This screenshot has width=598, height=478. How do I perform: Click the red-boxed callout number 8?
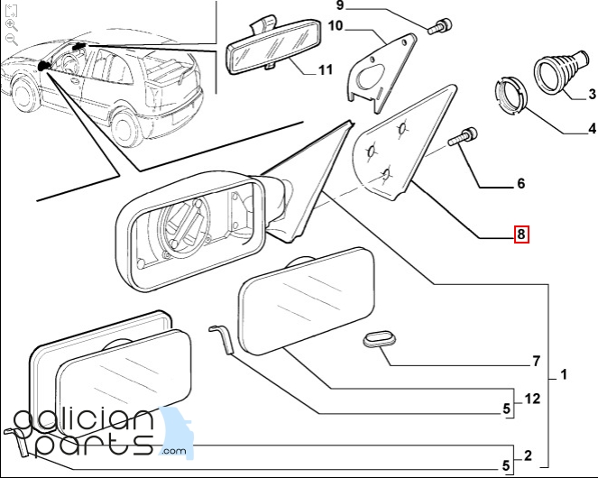click(521, 234)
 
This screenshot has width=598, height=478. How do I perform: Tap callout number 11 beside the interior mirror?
click(326, 69)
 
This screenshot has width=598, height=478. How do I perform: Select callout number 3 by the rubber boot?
click(592, 94)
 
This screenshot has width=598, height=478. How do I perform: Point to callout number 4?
click(592, 129)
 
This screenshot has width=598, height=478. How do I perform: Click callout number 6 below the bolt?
click(521, 183)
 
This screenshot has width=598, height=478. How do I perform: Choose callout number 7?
click(537, 361)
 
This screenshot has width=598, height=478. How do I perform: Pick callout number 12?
click(533, 399)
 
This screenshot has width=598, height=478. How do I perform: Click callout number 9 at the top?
click(340, 5)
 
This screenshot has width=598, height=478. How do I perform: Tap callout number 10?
click(336, 26)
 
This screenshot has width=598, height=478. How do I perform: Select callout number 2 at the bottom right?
click(528, 455)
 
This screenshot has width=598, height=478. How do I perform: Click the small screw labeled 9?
click(440, 27)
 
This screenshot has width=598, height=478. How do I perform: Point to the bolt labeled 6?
click(463, 137)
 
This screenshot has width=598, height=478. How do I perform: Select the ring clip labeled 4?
click(511, 96)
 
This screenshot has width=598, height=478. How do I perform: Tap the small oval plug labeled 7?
click(379, 339)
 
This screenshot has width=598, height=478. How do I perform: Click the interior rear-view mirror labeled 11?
click(274, 47)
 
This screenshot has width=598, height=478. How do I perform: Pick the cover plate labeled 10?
click(382, 73)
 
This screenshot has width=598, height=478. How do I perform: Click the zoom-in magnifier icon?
click(12, 25)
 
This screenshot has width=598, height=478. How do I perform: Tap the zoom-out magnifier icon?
click(12, 40)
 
